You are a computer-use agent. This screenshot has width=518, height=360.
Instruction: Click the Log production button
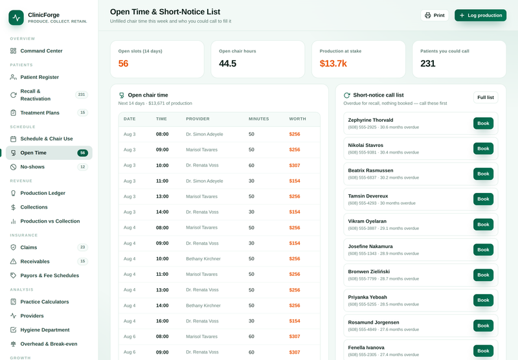tap(480, 15)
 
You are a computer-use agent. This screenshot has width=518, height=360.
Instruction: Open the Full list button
tap(486, 97)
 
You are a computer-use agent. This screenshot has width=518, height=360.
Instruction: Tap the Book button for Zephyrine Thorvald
tap(483, 123)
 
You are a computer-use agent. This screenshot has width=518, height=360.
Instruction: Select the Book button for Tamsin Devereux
tap(483, 199)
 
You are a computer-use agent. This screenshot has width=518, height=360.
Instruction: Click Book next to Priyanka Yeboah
tap(483, 300)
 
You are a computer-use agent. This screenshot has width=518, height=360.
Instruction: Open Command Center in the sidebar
tap(41, 51)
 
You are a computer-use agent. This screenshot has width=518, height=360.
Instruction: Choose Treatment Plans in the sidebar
tap(39, 113)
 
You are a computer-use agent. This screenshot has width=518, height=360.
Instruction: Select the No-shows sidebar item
tap(32, 167)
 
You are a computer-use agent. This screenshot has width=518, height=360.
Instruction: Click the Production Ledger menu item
tap(43, 193)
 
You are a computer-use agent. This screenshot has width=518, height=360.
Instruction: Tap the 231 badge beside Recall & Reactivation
tap(82, 95)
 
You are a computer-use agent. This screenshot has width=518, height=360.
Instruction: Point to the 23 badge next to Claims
tap(83, 247)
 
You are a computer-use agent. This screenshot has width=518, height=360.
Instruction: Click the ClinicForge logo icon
tap(16, 17)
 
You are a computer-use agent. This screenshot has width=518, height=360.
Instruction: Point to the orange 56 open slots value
tap(123, 63)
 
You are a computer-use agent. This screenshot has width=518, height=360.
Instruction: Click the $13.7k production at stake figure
tap(333, 63)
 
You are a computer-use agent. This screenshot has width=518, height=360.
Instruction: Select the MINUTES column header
tap(258, 119)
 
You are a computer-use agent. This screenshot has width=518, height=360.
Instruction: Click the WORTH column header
tap(297, 119)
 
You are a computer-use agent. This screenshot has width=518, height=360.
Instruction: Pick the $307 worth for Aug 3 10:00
tap(295, 165)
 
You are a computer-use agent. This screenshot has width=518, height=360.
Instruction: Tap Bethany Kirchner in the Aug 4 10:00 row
tap(203, 258)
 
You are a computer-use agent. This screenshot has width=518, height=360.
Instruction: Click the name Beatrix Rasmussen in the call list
tap(370, 170)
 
